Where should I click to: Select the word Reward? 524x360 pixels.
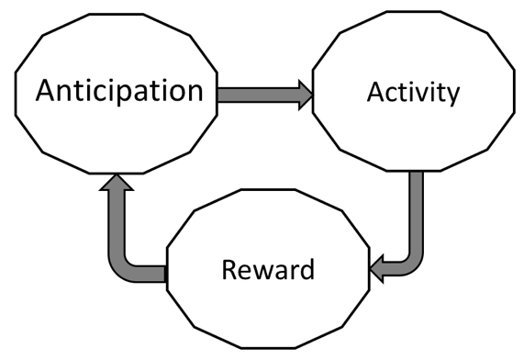269,271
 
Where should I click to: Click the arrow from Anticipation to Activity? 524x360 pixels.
257,95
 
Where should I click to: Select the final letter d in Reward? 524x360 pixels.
307,271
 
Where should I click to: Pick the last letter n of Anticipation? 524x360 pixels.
192,92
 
